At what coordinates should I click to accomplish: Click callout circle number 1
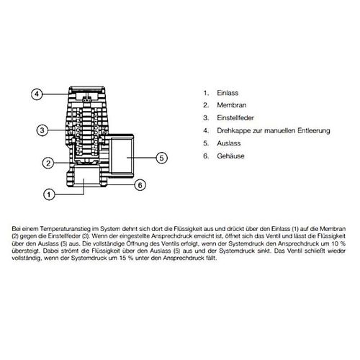(x=49, y=194)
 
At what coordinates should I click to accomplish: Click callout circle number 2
(x=48, y=163)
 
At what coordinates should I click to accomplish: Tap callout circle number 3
(x=42, y=130)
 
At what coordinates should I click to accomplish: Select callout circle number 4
(x=37, y=94)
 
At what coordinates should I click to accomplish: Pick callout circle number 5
(x=161, y=158)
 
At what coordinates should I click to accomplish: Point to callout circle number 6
(x=140, y=185)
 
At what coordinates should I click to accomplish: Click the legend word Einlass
(x=228, y=93)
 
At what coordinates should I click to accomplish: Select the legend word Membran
(x=232, y=105)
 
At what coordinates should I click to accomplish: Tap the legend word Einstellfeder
(x=235, y=118)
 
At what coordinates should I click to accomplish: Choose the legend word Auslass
(x=229, y=143)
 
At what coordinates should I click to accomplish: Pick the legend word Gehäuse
(x=230, y=156)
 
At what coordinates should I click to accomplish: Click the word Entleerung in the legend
(x=314, y=130)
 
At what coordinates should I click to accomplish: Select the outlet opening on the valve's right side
(x=122, y=156)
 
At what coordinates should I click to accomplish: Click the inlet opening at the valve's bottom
(x=87, y=175)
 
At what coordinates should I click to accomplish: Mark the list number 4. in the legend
(x=206, y=130)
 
